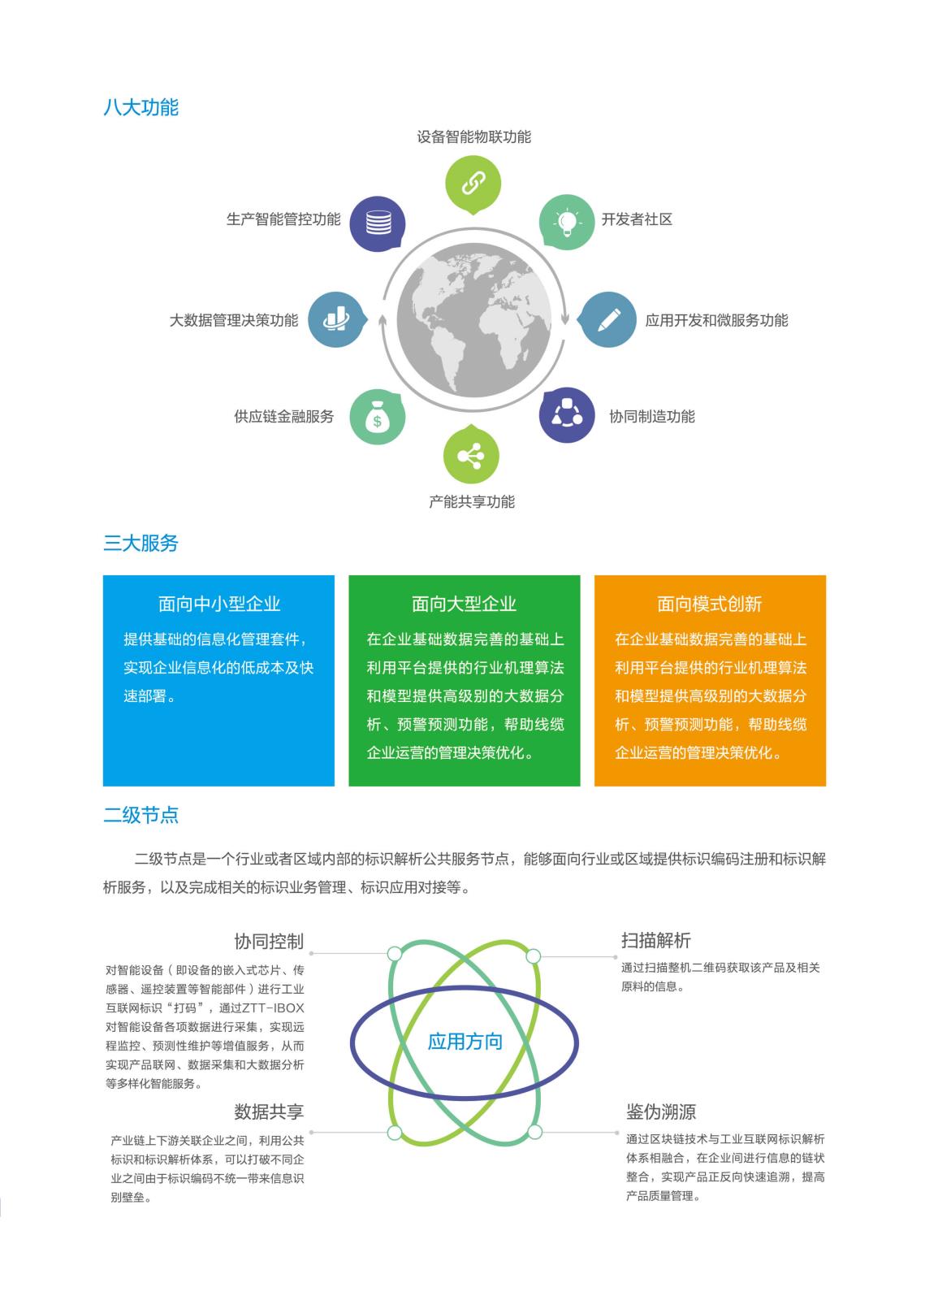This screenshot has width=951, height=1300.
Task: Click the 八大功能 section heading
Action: [141, 107]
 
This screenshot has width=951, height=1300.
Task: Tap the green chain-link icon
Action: [473, 184]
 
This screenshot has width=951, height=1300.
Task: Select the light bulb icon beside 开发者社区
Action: [566, 223]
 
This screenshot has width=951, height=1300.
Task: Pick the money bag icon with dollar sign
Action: [377, 417]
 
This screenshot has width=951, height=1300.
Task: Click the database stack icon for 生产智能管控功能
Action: [378, 223]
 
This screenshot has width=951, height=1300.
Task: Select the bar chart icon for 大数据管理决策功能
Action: [336, 320]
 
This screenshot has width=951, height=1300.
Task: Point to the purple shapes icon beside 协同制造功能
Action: [567, 415]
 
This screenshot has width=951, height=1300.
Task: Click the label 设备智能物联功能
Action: [474, 137]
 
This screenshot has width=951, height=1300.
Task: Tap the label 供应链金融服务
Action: [283, 416]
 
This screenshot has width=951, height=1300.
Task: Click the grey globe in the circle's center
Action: [473, 320]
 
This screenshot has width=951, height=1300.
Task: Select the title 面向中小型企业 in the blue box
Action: [219, 604]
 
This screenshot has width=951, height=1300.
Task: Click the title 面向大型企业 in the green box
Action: [465, 604]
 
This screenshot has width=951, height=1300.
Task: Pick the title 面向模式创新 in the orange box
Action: [710, 604]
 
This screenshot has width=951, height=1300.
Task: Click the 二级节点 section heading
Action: [141, 815]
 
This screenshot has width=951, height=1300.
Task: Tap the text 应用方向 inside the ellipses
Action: [465, 1041]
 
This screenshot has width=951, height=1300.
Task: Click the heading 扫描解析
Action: [656, 940]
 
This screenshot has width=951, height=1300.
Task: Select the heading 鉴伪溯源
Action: [661, 1112]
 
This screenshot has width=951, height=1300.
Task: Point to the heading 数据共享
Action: [270, 1112]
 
